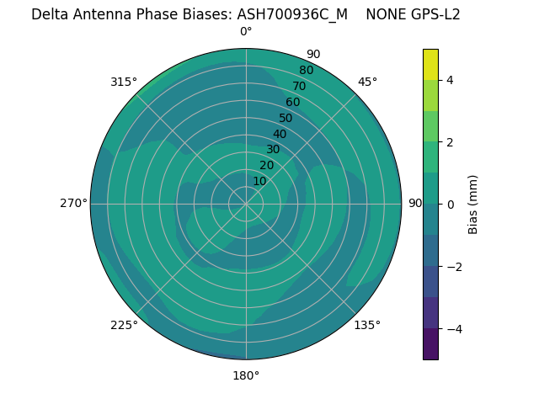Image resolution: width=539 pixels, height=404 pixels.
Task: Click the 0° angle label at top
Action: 246,32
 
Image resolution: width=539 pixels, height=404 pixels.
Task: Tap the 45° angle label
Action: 367,82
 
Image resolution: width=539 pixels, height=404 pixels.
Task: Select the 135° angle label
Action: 367,325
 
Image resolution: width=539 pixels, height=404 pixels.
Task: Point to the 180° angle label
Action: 246,375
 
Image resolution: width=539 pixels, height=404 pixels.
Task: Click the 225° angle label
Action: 124,325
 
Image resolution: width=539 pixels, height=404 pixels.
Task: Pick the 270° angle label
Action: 73,204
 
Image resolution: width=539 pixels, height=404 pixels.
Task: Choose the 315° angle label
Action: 124,82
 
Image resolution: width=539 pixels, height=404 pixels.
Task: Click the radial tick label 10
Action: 259,181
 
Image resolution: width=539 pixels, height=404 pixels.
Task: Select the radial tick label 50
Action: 286,119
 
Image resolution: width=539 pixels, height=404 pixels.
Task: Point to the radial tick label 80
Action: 306,71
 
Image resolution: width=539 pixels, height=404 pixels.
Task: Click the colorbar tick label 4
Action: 450,80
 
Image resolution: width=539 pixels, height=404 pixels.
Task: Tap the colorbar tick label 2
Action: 450,142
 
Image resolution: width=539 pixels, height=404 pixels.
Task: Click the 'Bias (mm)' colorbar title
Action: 473,204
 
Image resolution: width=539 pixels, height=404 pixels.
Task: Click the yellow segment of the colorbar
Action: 430,64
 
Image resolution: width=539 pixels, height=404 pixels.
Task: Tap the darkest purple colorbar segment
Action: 430,344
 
